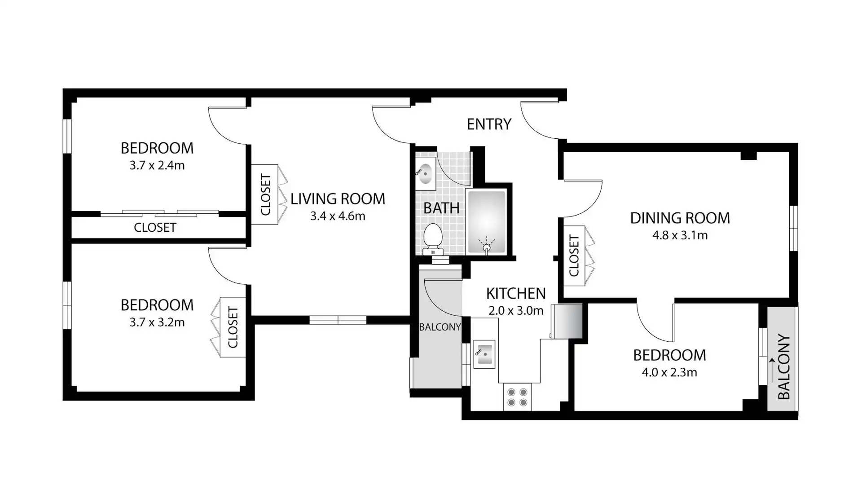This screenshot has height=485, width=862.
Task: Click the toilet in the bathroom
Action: tap(433, 238)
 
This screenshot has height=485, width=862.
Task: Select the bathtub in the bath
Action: tap(487, 221)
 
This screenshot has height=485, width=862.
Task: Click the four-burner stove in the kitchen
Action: tap(517, 397)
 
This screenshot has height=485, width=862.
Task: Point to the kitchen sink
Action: tap(484, 354)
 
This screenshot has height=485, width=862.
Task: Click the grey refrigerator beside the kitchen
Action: tap(567, 321)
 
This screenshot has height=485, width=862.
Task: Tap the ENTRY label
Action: tap(489, 124)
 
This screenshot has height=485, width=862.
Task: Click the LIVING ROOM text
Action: tap(338, 198)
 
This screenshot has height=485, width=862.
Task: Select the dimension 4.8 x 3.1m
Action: tap(680, 235)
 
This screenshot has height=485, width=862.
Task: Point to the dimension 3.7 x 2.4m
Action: tap(157, 165)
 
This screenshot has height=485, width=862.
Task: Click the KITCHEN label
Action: tap(516, 293)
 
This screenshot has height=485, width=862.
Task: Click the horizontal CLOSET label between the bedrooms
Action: tap(155, 227)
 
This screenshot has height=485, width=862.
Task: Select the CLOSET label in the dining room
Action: tap(574, 256)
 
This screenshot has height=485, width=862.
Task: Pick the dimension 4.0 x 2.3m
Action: tap(669, 372)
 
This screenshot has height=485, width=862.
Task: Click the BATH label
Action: tap(441, 208)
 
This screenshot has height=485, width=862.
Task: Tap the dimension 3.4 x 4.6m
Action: tap(338, 216)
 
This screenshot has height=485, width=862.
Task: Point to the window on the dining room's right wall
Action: tap(793, 228)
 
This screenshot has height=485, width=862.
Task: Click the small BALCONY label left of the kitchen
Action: tap(440, 327)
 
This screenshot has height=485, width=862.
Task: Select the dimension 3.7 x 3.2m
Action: tap(157, 322)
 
